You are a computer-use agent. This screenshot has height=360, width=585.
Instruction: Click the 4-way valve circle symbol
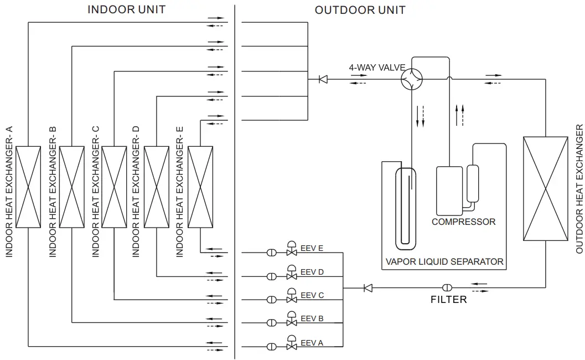(x=411, y=79)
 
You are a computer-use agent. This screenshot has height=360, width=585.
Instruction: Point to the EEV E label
(x=312, y=249)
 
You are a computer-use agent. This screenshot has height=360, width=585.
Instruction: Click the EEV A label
(x=312, y=343)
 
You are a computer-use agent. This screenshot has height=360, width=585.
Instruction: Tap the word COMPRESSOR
(x=463, y=222)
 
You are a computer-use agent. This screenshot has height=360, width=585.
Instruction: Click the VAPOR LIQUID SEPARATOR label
(x=444, y=261)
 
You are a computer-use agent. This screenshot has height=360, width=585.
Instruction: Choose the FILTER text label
(x=448, y=300)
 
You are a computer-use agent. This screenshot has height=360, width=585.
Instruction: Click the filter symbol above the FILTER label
(x=447, y=287)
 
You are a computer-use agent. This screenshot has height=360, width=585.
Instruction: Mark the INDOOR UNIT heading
(x=126, y=9)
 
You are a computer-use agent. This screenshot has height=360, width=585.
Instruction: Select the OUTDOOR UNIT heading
(x=360, y=10)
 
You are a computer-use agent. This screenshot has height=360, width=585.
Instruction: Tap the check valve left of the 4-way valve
(x=323, y=79)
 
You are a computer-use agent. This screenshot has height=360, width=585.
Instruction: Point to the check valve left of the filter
(x=367, y=287)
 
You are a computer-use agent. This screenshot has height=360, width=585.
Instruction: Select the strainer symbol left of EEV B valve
(x=272, y=323)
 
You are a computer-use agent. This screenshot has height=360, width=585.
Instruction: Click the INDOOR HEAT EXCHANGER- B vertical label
(x=53, y=192)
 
